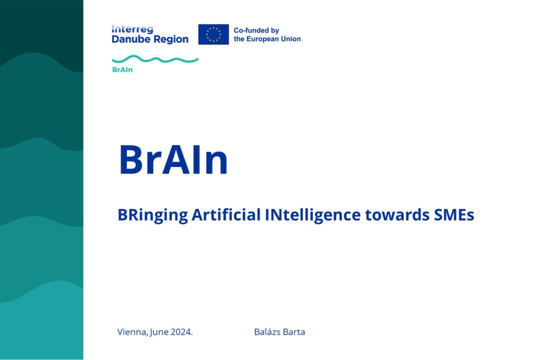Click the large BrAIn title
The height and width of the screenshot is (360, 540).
point(173,160)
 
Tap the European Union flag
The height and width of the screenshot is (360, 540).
point(213,34)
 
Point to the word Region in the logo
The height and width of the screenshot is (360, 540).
point(170,39)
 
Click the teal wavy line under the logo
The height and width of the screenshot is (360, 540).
point(155,59)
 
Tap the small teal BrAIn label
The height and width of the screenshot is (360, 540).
point(122,70)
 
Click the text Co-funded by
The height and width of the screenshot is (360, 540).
point(256,30)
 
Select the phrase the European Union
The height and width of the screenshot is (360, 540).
point(267,39)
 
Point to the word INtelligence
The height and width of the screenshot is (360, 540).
point(310,215)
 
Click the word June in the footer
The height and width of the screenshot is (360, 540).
point(159,332)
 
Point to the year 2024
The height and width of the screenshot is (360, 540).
point(182,332)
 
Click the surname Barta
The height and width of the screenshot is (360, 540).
point(294,332)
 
